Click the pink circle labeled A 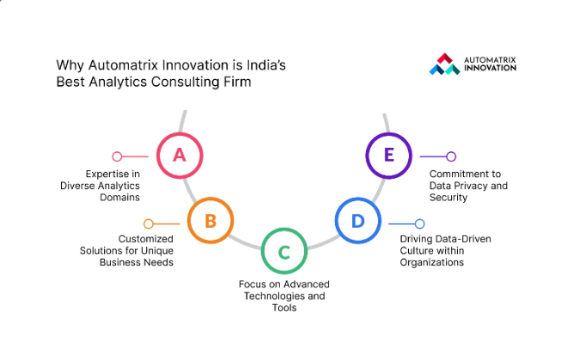179,155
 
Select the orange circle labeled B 210,222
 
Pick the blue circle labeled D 357,222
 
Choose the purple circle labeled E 389,155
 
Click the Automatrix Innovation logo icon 444,64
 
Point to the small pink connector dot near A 117,156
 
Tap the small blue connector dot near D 419,223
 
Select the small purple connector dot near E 450,156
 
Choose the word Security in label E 448,197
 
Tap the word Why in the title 68,64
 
